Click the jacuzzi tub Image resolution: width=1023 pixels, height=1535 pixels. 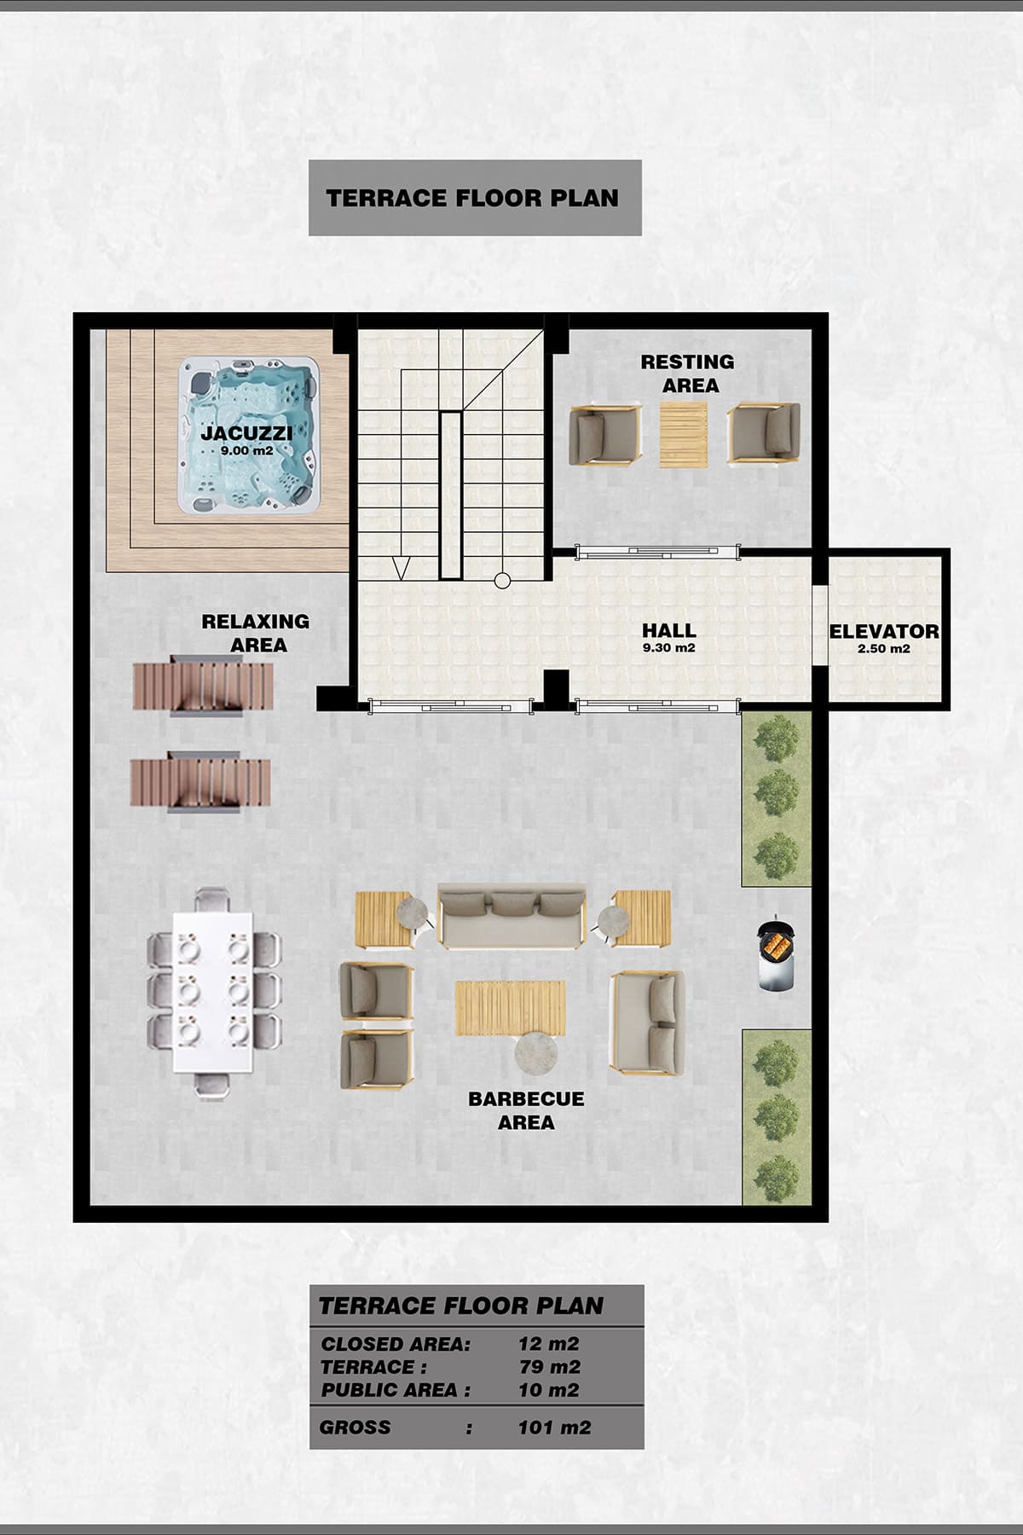pyautogui.click(x=248, y=435)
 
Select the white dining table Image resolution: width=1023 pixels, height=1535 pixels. pyautogui.click(x=213, y=993)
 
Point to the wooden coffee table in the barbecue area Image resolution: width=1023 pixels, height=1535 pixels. pyautogui.click(x=511, y=1008)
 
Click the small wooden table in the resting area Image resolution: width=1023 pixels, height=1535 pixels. pyautogui.click(x=684, y=434)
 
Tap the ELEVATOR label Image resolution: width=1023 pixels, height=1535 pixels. pyautogui.click(x=884, y=632)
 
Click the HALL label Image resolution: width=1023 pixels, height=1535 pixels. pyautogui.click(x=669, y=630)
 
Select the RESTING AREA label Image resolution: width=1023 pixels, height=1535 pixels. pyautogui.click(x=688, y=374)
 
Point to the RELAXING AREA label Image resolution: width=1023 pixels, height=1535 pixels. pyautogui.click(x=256, y=633)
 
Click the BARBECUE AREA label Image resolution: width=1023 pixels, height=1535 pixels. pyautogui.click(x=526, y=1110)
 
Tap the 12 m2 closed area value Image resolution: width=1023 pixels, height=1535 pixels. pyautogui.click(x=549, y=1344)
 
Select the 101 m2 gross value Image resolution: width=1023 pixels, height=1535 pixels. pyautogui.click(x=554, y=1428)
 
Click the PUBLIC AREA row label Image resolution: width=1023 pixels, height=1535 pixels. pyautogui.click(x=396, y=1390)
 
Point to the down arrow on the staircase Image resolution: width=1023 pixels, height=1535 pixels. pyautogui.click(x=401, y=569)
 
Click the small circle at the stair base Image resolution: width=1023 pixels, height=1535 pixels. pyautogui.click(x=502, y=581)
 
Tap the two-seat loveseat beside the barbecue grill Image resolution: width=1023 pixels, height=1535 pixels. pyautogui.click(x=648, y=1022)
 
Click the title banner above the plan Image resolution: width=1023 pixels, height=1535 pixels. pyautogui.click(x=475, y=198)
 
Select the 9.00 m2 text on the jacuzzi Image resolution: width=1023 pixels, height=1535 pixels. pyautogui.click(x=246, y=450)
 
